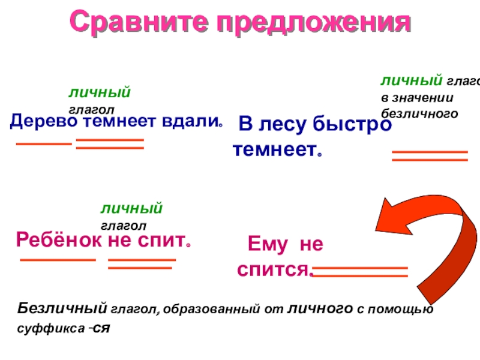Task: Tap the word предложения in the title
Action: coord(313,23)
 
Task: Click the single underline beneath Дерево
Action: coord(43,144)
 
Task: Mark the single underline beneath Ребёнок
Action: coord(58,260)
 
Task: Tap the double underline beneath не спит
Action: coord(142,263)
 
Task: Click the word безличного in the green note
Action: coord(419,112)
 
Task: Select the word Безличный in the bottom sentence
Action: coord(61,310)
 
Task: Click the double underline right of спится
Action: coord(360,272)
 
